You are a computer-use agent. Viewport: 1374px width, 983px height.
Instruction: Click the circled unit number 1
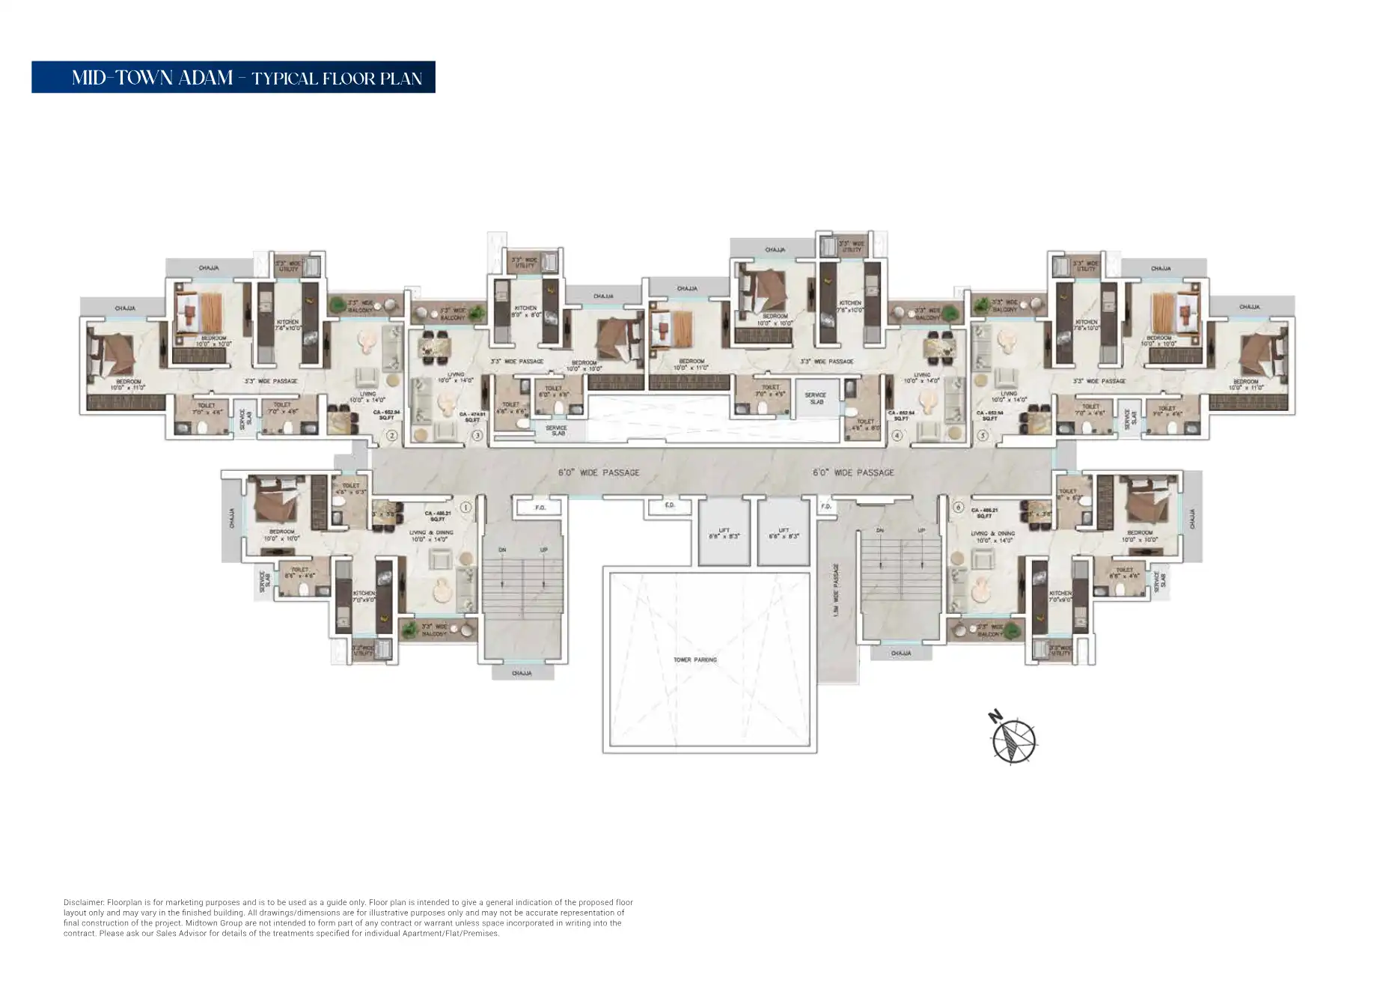tap(465, 508)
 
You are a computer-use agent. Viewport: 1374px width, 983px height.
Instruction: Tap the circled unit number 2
tap(391, 435)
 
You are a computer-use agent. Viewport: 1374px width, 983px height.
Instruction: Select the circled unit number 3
tap(477, 435)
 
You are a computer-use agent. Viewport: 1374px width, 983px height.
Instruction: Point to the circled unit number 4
tap(897, 435)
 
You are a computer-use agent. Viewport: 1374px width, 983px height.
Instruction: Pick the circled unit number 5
tap(983, 435)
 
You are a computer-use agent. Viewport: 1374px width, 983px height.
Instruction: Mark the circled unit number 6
tap(958, 508)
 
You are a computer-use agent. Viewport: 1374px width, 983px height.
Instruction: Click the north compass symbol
tap(1013, 739)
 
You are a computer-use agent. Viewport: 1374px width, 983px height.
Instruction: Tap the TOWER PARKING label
tap(694, 660)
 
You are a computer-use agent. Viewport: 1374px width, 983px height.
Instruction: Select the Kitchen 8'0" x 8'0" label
tap(525, 311)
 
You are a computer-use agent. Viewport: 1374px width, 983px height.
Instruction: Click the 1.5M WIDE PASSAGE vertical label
tap(836, 590)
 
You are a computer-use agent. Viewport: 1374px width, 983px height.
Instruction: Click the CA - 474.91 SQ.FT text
tap(472, 417)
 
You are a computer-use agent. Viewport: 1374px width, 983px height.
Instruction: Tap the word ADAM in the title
tap(204, 78)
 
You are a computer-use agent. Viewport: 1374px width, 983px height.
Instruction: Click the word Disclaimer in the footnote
tap(83, 903)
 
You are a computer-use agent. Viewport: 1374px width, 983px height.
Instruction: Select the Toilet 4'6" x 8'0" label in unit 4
tap(865, 424)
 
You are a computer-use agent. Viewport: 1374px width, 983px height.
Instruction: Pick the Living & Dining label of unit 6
tap(992, 536)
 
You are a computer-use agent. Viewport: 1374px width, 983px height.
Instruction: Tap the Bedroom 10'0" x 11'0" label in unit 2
tap(128, 385)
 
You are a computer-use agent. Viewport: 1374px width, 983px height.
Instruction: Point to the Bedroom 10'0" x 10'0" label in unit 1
tap(281, 535)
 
